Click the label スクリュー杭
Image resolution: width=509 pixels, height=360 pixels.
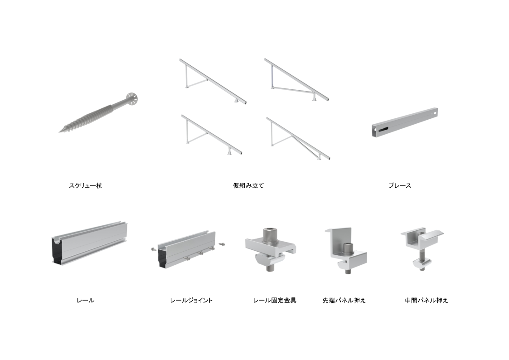[x=85, y=186]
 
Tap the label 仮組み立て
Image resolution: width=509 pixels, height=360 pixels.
[x=248, y=186]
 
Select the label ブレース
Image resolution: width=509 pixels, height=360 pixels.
[x=400, y=186]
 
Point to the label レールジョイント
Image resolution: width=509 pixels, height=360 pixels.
[x=191, y=300]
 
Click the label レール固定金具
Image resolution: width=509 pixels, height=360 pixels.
[x=275, y=300]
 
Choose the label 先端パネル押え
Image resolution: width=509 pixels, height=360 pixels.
[x=344, y=300]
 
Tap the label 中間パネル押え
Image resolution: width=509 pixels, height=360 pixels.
[x=426, y=300]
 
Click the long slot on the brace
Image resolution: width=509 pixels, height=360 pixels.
[x=383, y=129]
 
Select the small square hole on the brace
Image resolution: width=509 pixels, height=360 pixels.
[x=435, y=112]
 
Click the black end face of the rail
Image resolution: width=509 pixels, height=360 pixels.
[x=57, y=250]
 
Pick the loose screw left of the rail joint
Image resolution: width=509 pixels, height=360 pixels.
[x=154, y=249]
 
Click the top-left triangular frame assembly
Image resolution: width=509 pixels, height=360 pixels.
[x=213, y=81]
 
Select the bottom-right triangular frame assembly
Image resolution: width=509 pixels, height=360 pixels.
[x=298, y=139]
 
